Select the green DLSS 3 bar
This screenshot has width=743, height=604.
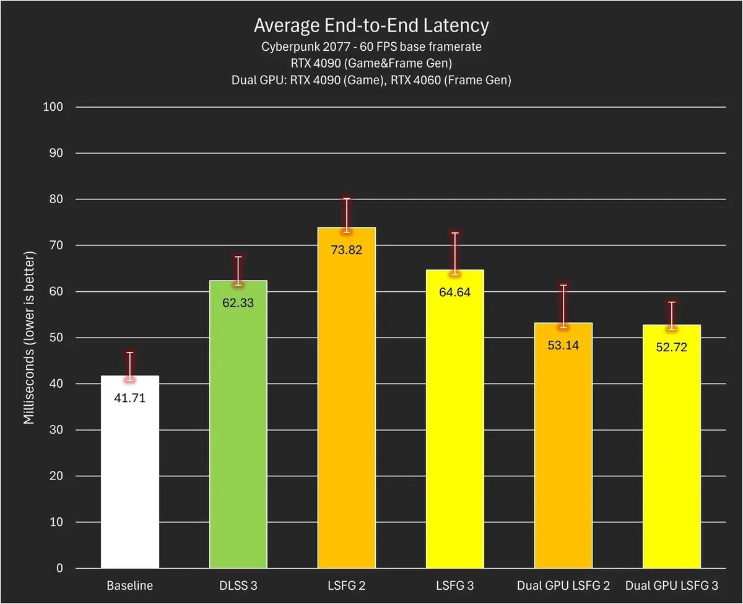point(238,434)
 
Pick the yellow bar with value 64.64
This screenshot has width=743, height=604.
point(454,427)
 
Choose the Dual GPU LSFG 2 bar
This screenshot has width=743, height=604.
point(563,458)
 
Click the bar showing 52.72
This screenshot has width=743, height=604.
point(671,458)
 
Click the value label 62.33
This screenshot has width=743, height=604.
point(238,304)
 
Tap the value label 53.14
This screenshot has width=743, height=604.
point(563,346)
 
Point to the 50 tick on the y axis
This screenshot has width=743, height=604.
point(55,338)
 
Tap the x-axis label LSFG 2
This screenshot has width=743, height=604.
point(346,585)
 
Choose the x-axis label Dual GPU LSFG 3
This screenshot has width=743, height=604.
point(671,585)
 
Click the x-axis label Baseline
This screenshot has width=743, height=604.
point(129,585)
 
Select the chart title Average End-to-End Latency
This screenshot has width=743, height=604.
point(371,25)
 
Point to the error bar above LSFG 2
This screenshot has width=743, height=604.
point(347,214)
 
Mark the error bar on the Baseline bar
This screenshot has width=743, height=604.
point(129,365)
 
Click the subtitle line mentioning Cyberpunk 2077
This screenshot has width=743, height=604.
point(371,46)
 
